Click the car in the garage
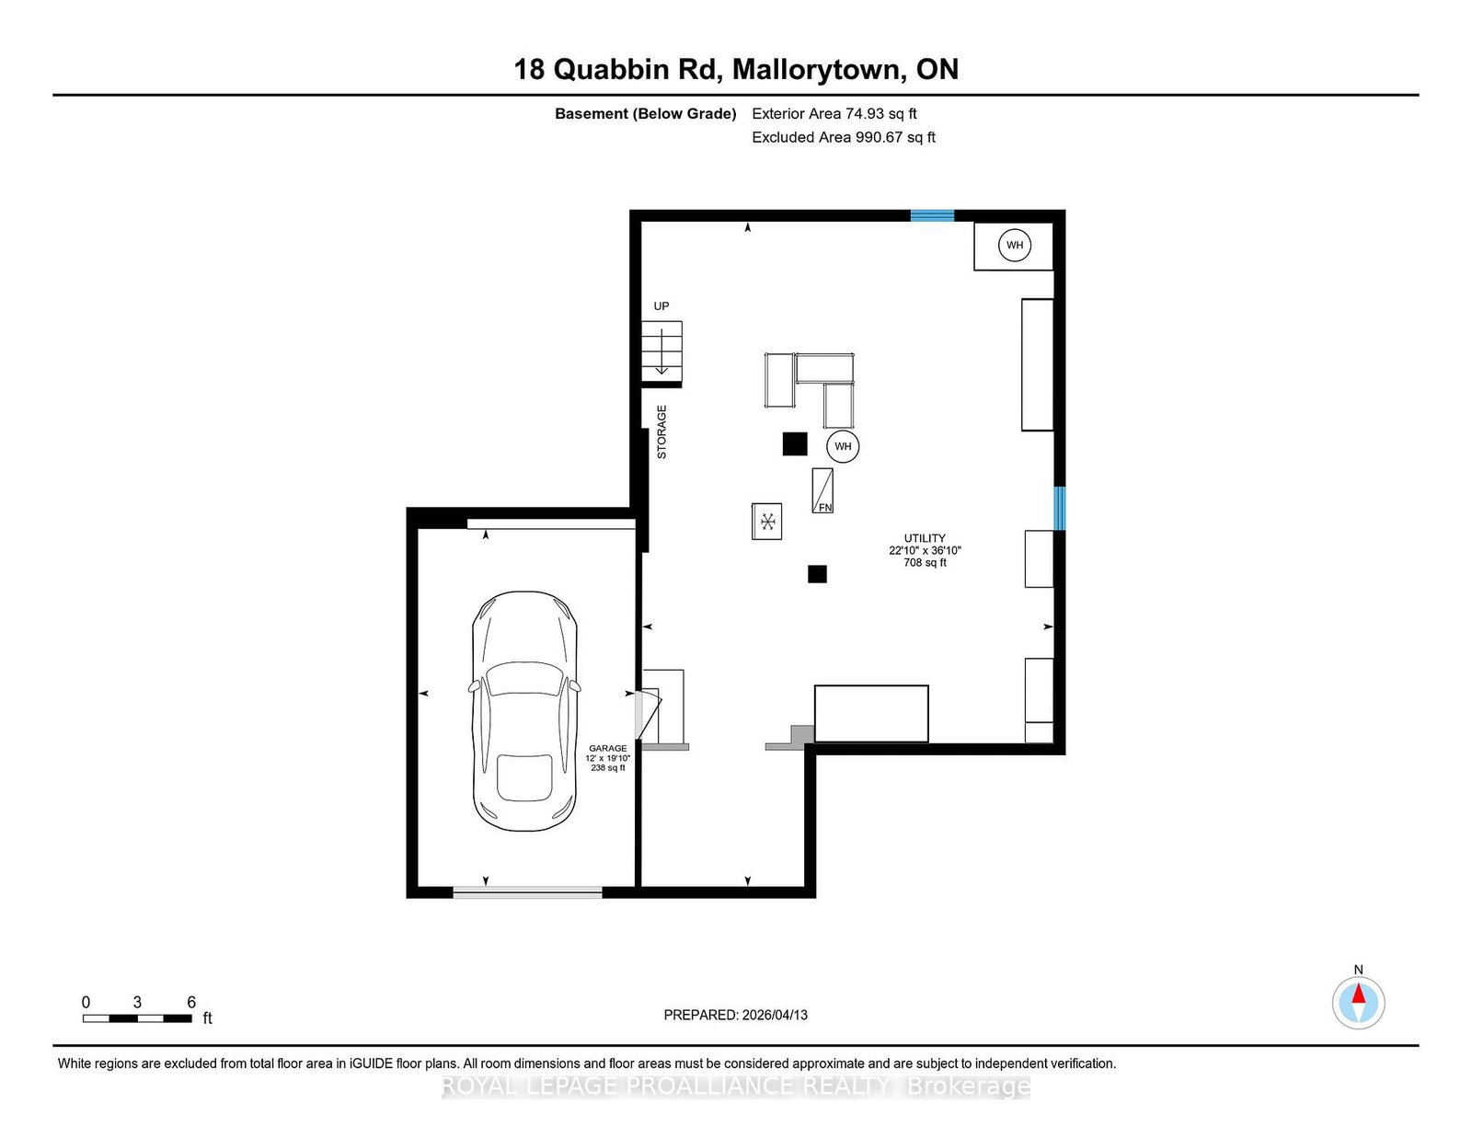[x=524, y=710]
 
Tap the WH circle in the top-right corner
[x=1014, y=246]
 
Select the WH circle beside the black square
[x=843, y=446]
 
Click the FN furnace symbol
[x=822, y=490]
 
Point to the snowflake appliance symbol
[x=767, y=522]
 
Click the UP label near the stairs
[x=661, y=306]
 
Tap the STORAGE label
[x=661, y=432]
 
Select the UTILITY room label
[x=925, y=538]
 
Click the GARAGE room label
[x=607, y=749]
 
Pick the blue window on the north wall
[x=932, y=216]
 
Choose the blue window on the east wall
[x=1060, y=509]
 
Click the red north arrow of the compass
[x=1358, y=994]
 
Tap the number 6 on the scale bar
[x=191, y=1003]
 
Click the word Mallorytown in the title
[x=819, y=70]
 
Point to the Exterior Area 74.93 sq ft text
[x=834, y=114]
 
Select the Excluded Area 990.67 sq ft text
[x=844, y=137]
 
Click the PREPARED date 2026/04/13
[x=775, y=1016]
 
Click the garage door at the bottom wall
[x=527, y=892]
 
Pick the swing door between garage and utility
[x=648, y=714]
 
